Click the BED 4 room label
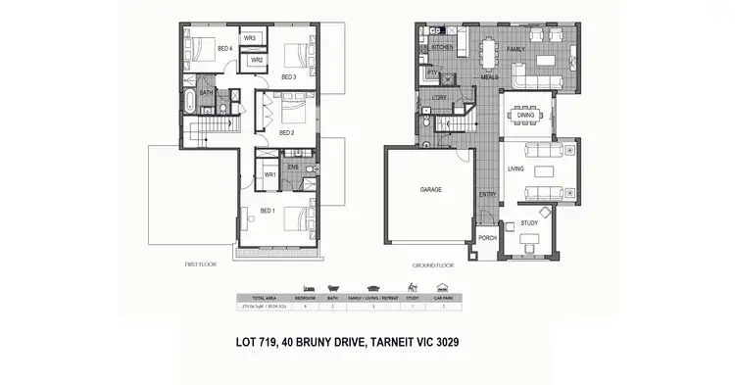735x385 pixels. (x=224, y=47)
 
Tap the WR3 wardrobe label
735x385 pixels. (x=250, y=38)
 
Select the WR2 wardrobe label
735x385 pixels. (x=256, y=60)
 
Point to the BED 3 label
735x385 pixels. (x=288, y=76)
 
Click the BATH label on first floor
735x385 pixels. (x=206, y=93)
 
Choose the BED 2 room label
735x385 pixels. (x=287, y=132)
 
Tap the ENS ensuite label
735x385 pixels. (x=292, y=167)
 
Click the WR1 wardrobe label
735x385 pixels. (x=269, y=175)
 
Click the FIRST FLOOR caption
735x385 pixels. (x=200, y=265)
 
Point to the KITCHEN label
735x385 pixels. (x=441, y=47)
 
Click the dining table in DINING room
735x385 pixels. (x=526, y=115)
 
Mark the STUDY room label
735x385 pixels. (x=530, y=224)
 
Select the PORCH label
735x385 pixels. (x=487, y=237)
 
